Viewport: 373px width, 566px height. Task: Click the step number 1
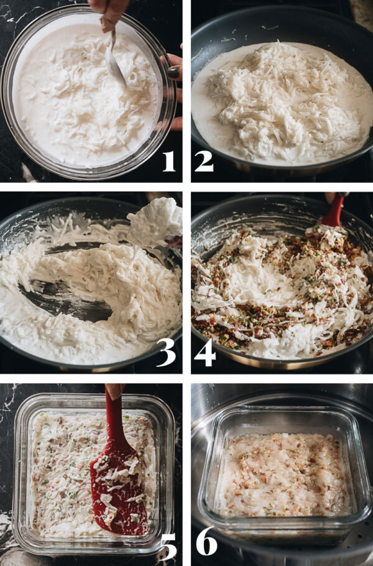pos(168,160)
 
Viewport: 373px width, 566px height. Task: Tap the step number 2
pos(203,160)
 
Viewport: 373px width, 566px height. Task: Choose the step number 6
pos(206,542)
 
